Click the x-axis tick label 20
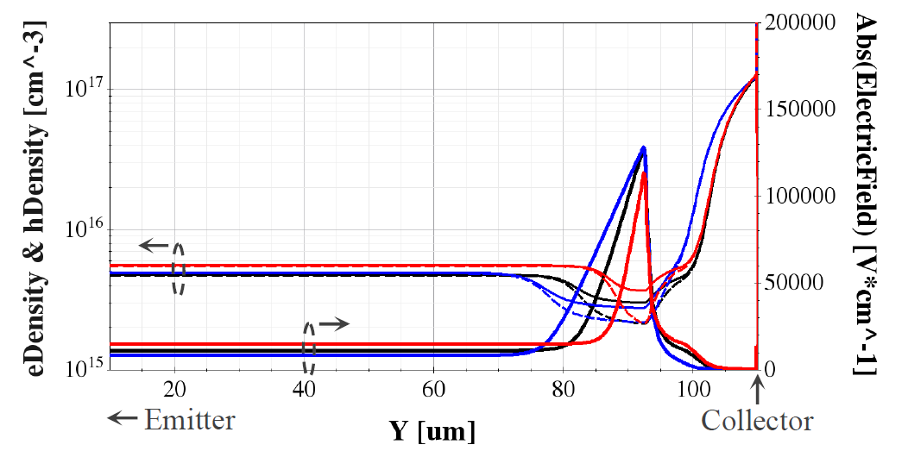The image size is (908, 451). [x=175, y=388]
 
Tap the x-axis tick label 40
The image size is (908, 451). [x=305, y=388]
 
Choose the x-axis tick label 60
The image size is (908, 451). [x=434, y=388]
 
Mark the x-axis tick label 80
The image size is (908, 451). [x=564, y=388]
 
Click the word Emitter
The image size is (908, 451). [x=190, y=420]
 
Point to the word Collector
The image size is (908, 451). [x=757, y=421]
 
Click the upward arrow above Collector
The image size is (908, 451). [x=757, y=392]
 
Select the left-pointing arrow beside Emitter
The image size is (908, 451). [x=122, y=419]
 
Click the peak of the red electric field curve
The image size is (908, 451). [x=643, y=173]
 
